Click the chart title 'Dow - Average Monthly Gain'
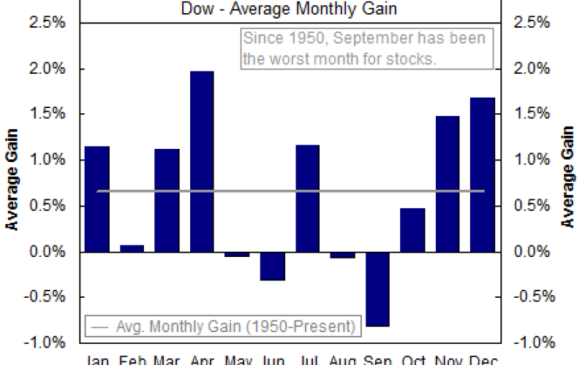290,9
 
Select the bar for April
202,161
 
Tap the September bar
377,289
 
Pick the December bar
483,174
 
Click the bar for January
97,199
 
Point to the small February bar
132,248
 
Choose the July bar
307,199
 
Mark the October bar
412,230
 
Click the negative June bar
272,266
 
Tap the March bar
167,200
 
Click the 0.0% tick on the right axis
535,252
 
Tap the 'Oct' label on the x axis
413,359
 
